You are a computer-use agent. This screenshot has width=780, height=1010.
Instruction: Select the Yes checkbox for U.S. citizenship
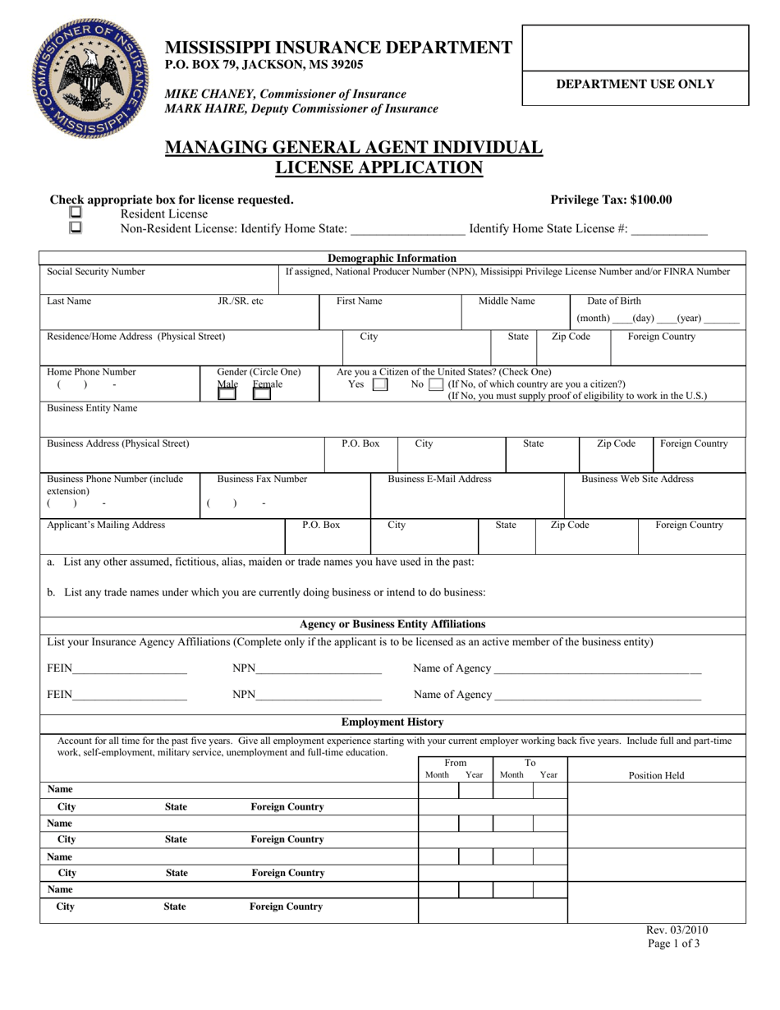coord(380,384)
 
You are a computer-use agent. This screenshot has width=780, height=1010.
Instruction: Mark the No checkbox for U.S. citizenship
coord(436,384)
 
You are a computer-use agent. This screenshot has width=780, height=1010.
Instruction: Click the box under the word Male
coord(227,394)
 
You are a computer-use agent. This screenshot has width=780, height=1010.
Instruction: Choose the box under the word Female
coord(262,394)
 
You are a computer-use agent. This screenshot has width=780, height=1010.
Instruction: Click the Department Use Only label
coord(635,84)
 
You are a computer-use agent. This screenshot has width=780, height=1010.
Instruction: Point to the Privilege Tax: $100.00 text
coord(611,200)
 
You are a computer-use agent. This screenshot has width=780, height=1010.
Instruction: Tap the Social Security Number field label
coord(96,272)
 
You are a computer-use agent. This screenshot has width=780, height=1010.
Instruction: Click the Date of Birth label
coord(614,301)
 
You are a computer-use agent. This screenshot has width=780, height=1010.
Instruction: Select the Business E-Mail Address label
coord(439,479)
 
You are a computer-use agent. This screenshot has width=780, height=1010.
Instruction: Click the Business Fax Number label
coord(262,479)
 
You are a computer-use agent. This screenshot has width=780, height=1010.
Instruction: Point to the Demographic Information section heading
coord(392,258)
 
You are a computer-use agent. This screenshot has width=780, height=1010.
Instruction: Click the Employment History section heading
coord(392,722)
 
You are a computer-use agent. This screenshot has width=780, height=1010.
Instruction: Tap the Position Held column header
coord(656,775)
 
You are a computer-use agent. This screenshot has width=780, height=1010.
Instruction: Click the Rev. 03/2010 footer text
coord(677,930)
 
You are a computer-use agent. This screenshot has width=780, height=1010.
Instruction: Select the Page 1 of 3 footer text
coord(677,944)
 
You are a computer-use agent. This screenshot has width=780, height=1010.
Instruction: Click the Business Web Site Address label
coord(637,479)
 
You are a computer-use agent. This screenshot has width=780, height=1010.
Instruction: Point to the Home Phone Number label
coord(92,371)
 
